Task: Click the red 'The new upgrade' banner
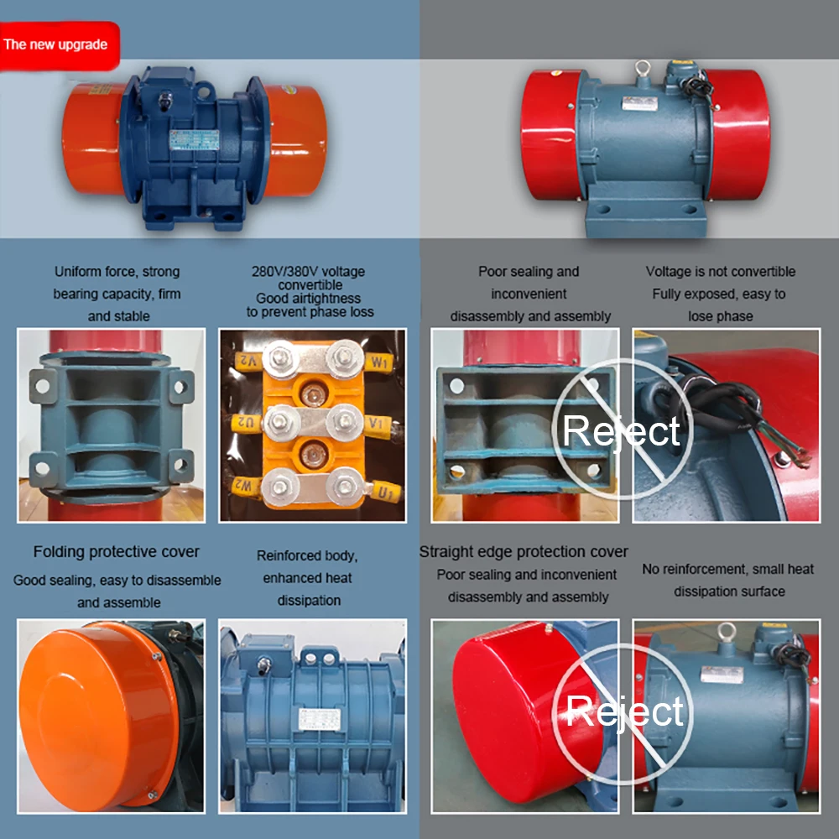tap(57, 44)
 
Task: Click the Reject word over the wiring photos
tap(621, 430)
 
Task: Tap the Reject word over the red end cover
tap(624, 711)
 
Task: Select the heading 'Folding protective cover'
tap(117, 552)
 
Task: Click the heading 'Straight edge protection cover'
tap(524, 552)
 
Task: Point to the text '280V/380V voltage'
tap(308, 272)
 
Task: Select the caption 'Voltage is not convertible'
tap(721, 272)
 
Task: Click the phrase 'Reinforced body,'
tap(307, 555)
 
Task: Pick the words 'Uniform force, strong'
tap(117, 272)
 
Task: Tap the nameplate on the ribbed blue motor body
tap(320, 718)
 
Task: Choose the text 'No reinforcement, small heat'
tap(728, 569)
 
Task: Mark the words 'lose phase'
tap(721, 316)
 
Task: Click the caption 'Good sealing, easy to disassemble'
tap(117, 581)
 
